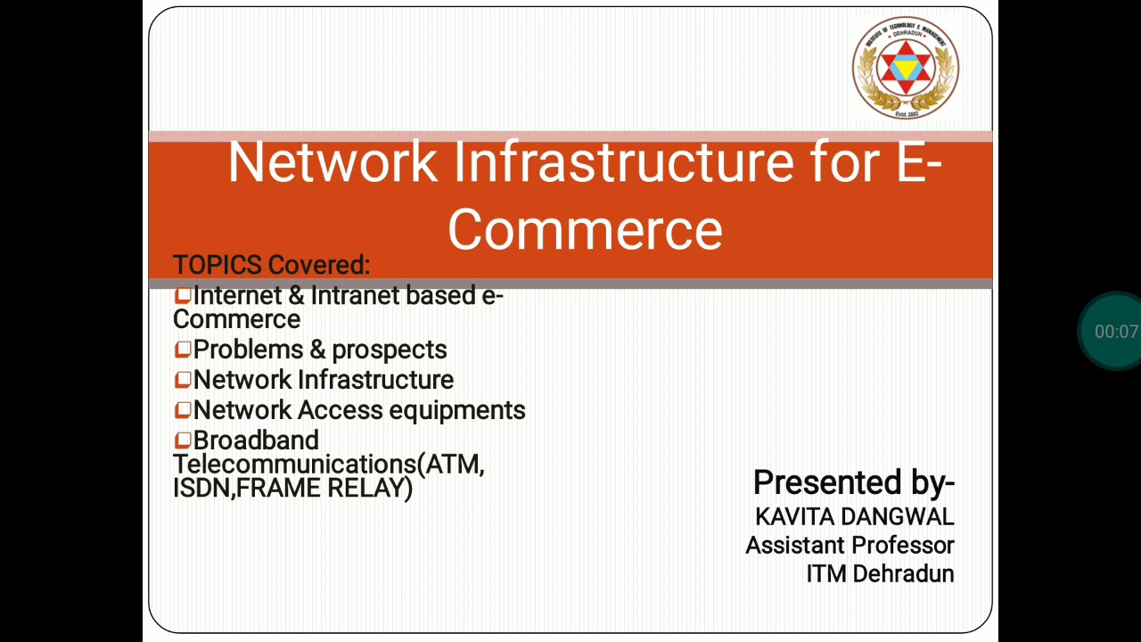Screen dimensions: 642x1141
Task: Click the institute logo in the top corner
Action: [x=905, y=68]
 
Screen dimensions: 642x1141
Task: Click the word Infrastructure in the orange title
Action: [x=624, y=162]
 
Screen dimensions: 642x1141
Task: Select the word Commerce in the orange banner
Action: [x=585, y=229]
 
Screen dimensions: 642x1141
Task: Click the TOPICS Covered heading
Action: [x=271, y=265]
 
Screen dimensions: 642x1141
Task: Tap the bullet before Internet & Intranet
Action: [x=183, y=295]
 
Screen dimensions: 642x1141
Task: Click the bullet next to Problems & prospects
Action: [x=183, y=350]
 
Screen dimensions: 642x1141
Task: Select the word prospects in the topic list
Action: [x=389, y=350]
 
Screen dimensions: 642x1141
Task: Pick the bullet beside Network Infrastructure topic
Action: [x=183, y=380]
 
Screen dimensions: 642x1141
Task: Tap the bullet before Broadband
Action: [x=183, y=440]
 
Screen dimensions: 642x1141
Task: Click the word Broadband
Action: [x=256, y=440]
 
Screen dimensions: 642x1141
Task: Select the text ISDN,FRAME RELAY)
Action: [x=292, y=488]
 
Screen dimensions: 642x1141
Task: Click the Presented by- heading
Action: [x=853, y=482]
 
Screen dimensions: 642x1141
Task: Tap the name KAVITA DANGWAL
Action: [x=854, y=516]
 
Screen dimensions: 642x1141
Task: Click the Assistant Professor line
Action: [x=850, y=545]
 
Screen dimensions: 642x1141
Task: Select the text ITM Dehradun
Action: [x=880, y=573]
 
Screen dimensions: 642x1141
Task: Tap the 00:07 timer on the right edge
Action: [x=1115, y=332]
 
